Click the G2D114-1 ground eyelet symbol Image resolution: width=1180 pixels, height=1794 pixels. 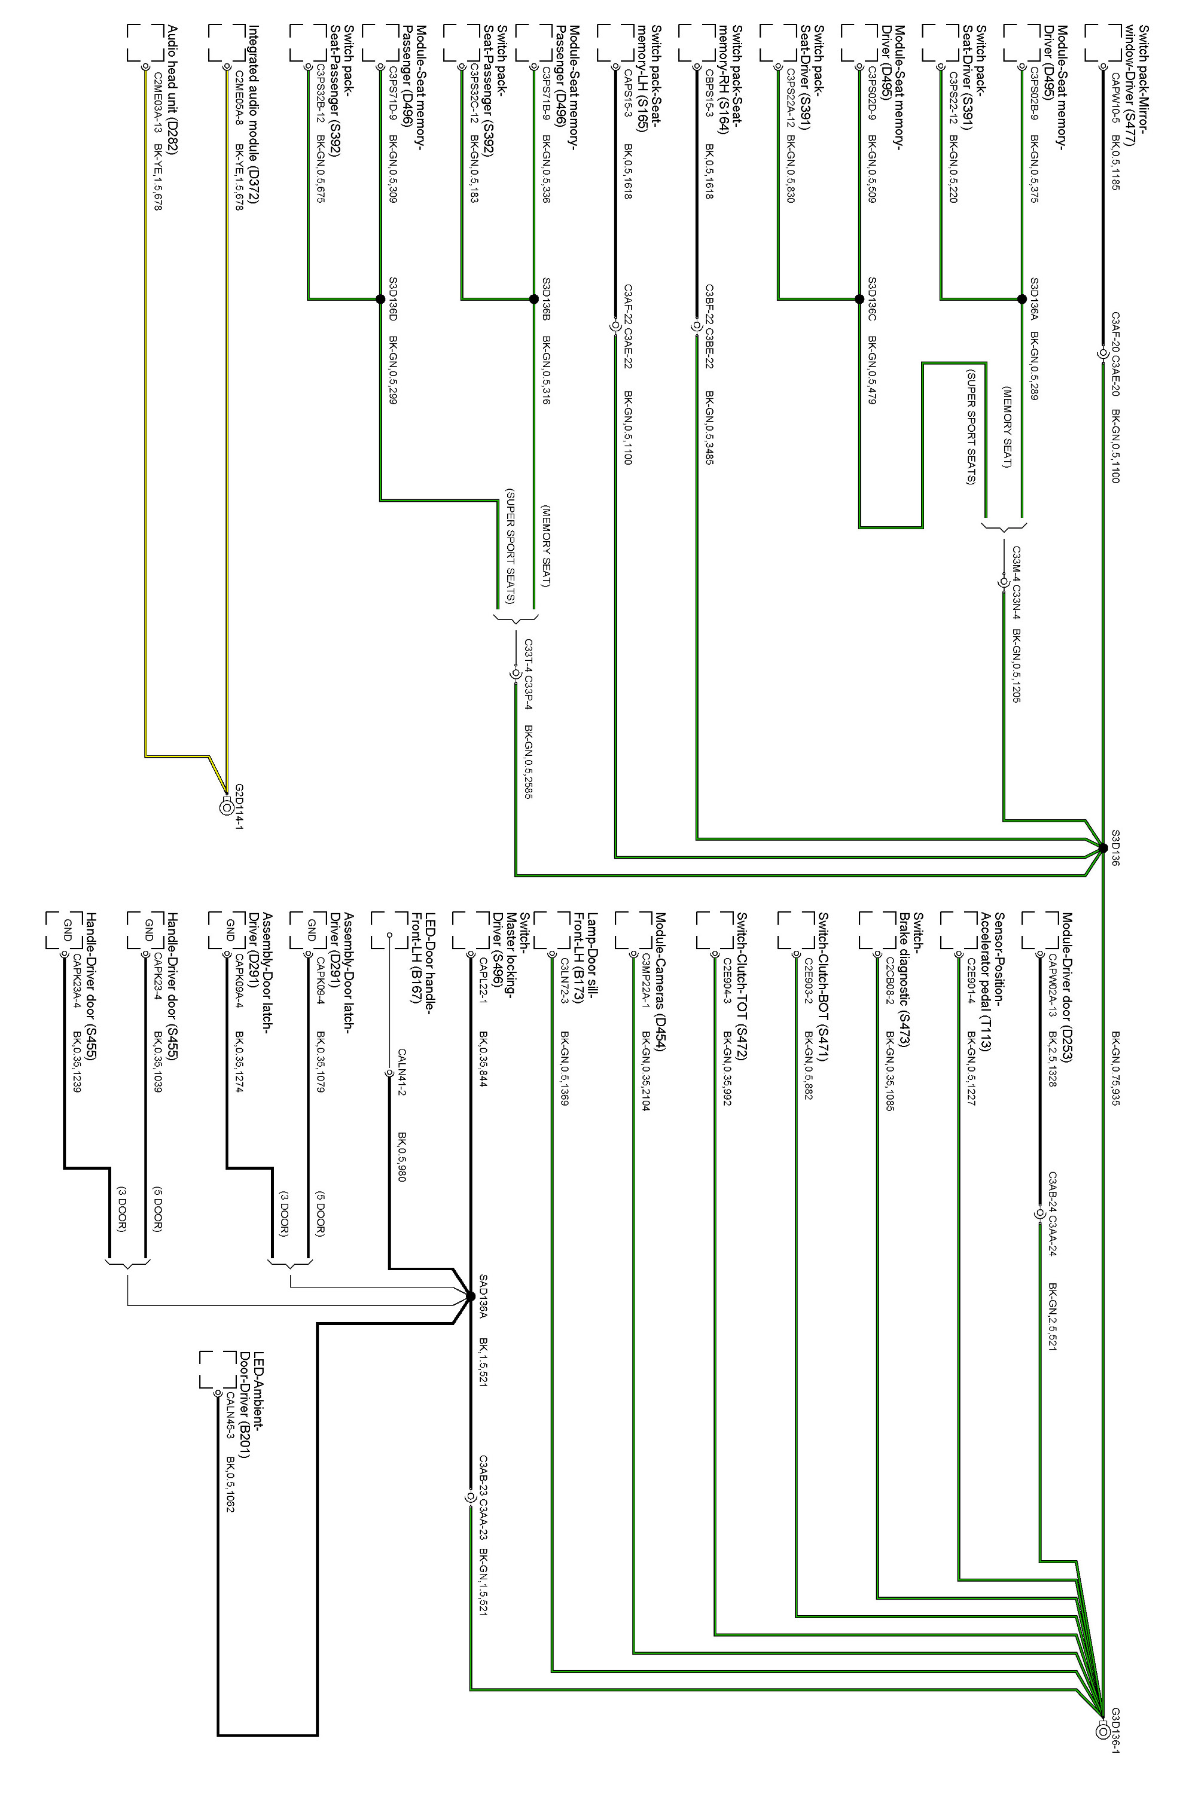(x=225, y=807)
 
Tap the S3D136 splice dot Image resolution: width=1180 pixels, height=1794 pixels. (x=1103, y=848)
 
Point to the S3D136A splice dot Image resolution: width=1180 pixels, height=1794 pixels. (x=1022, y=299)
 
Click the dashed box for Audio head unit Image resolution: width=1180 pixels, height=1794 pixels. (x=145, y=42)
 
